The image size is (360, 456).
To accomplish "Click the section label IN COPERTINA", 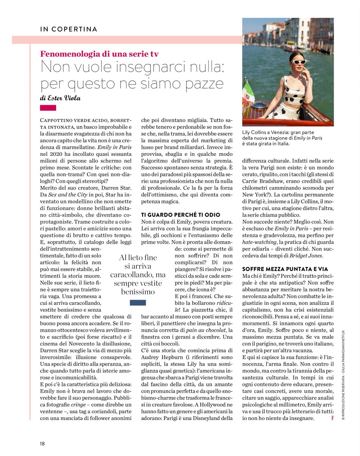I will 69,29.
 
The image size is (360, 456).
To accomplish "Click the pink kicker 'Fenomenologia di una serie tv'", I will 99,54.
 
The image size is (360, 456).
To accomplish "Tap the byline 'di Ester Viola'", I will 60,98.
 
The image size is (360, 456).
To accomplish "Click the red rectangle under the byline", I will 48,108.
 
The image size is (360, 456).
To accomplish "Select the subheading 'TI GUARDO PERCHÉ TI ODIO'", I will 181,215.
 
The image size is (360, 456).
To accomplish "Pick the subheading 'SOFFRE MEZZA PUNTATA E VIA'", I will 285,269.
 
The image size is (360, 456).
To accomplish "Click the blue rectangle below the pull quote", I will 138,303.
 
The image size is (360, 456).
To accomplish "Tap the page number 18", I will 42,443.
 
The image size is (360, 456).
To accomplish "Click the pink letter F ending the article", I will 332,418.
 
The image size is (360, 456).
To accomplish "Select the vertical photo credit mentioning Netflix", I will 343,375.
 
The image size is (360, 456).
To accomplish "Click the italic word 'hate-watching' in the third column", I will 259,242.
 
